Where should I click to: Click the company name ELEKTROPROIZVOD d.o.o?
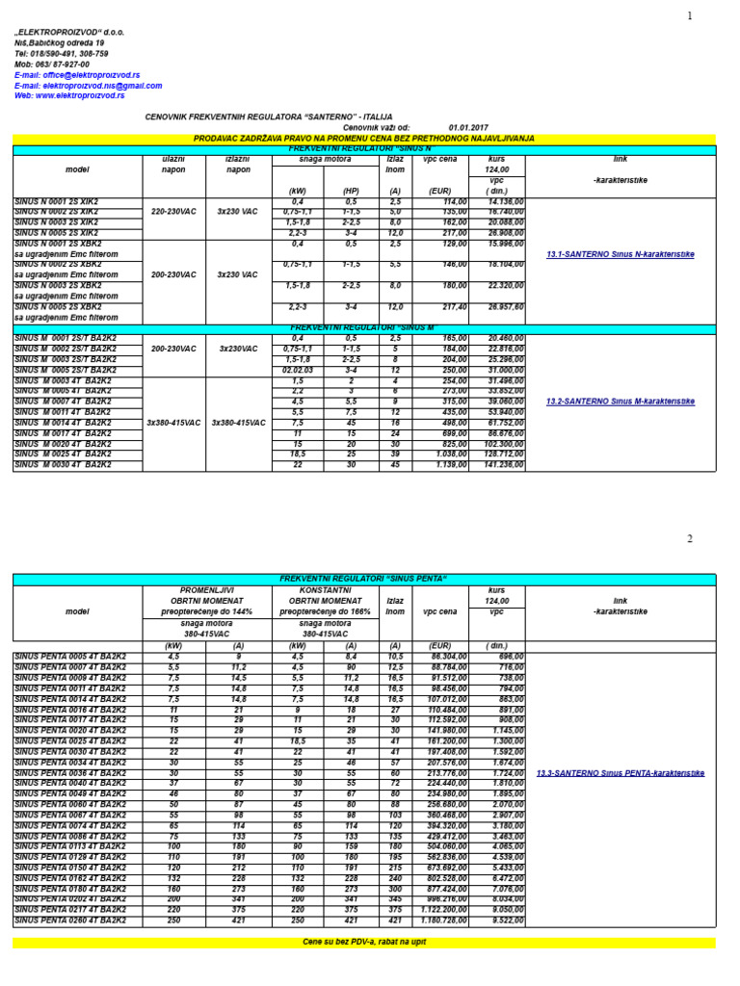[x=69, y=32]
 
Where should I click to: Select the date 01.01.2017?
[x=468, y=127]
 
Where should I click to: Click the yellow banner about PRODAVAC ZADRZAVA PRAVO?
[x=364, y=139]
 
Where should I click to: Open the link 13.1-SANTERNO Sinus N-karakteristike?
[x=620, y=254]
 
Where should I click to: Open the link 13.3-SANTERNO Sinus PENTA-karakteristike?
[x=620, y=773]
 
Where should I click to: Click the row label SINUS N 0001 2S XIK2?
[x=56, y=201]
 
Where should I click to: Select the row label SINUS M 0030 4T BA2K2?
[x=63, y=464]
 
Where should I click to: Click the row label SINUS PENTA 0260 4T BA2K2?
[x=70, y=921]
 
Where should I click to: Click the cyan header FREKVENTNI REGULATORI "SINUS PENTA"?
[x=364, y=579]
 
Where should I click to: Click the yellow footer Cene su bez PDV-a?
[x=364, y=942]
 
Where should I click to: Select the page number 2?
[x=690, y=539]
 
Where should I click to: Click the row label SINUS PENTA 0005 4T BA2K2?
[x=70, y=656]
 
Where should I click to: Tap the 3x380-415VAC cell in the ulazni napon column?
[x=174, y=423]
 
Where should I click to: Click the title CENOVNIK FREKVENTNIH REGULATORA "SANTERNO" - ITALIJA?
[x=269, y=117]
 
